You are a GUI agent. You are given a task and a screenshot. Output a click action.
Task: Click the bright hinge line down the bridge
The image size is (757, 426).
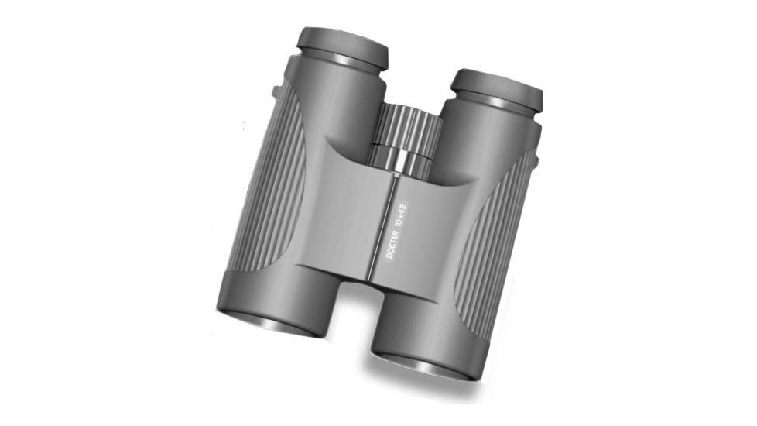click(x=388, y=232)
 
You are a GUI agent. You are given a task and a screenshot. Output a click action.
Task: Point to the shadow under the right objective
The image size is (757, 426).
click(x=433, y=387)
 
